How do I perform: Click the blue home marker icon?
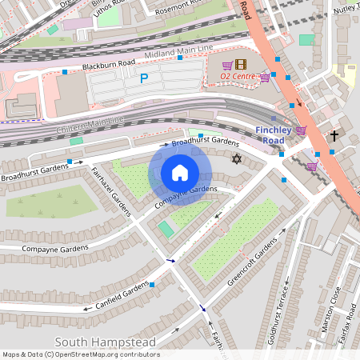click(x=180, y=173)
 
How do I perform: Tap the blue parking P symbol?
click(x=144, y=78)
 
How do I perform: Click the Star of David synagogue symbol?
click(x=236, y=159)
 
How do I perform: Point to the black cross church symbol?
click(x=334, y=136)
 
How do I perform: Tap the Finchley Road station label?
click(x=280, y=134)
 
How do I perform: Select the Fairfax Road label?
click(x=345, y=328)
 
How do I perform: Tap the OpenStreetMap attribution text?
click(x=81, y=354)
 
